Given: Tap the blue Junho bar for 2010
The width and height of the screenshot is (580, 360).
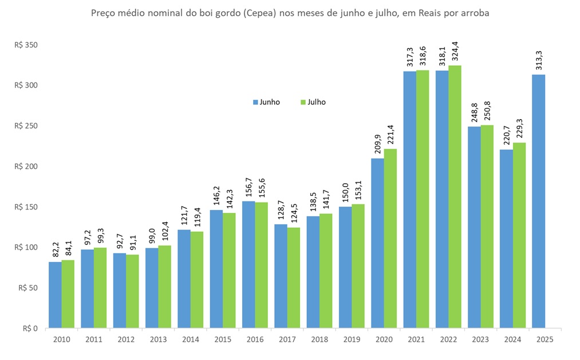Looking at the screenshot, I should (55, 295).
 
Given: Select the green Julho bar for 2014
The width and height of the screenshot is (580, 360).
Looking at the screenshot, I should (196, 280).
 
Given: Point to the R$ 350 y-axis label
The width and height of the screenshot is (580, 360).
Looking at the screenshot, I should (26, 45).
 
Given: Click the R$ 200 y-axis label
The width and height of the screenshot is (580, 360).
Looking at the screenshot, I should (26, 167).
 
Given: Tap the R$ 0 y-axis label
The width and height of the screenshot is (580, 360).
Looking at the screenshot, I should (30, 329).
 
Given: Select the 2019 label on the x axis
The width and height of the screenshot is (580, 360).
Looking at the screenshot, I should (352, 339).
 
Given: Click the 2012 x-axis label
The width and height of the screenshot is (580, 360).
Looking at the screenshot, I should (126, 339).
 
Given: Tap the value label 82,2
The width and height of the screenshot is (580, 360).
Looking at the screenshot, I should (55, 249).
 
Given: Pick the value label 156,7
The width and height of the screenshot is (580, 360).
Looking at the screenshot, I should (248, 188).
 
